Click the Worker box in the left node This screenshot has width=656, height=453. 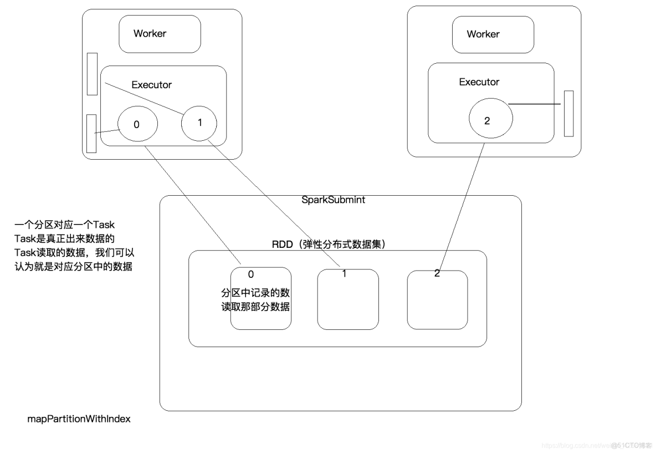[x=160, y=34]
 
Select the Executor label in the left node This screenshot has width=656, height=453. [x=151, y=85]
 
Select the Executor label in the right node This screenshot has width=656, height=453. [x=479, y=82]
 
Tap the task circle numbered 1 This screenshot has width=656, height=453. [x=199, y=122]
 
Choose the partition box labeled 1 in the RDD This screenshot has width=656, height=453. [x=347, y=300]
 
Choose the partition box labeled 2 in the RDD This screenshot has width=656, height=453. [x=437, y=300]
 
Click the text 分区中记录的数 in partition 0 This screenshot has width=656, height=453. [x=255, y=292]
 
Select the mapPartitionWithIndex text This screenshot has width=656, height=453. [x=79, y=419]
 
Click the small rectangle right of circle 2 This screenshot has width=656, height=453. [x=568, y=113]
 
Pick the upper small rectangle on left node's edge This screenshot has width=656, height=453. [x=92, y=74]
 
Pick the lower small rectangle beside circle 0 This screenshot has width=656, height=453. [x=91, y=134]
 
